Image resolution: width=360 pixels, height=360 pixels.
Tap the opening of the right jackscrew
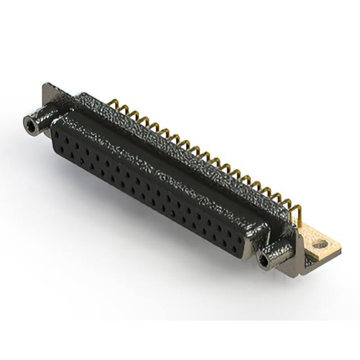pos(264,260)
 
